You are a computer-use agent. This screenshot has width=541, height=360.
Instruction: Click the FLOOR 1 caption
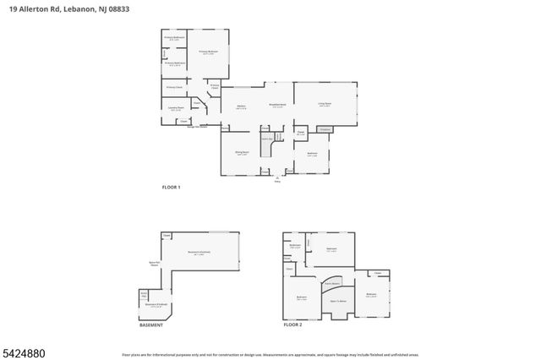click(x=171, y=186)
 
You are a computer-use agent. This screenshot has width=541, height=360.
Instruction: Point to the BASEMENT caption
click(x=151, y=325)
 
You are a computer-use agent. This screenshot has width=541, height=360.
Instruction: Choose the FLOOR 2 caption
click(x=292, y=325)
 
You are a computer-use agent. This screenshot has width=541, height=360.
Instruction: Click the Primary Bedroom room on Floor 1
click(x=209, y=52)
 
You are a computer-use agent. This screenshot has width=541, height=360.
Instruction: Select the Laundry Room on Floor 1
click(x=176, y=109)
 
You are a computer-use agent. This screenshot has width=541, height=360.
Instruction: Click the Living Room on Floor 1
click(x=325, y=104)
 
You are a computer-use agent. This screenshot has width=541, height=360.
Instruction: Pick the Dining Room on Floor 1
click(x=242, y=155)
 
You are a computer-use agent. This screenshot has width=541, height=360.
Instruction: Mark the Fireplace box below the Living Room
click(x=324, y=129)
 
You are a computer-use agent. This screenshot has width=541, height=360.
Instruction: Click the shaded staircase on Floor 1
click(x=269, y=149)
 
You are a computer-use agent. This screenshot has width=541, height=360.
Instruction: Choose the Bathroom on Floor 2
click(x=295, y=247)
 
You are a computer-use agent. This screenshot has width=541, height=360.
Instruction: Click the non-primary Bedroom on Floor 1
click(x=312, y=155)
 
